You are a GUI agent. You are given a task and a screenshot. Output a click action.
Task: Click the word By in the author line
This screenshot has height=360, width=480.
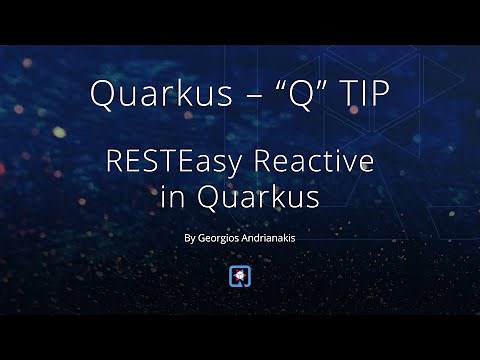(190, 238)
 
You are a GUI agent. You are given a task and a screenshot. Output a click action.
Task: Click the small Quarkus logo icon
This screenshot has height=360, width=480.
(240, 276)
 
